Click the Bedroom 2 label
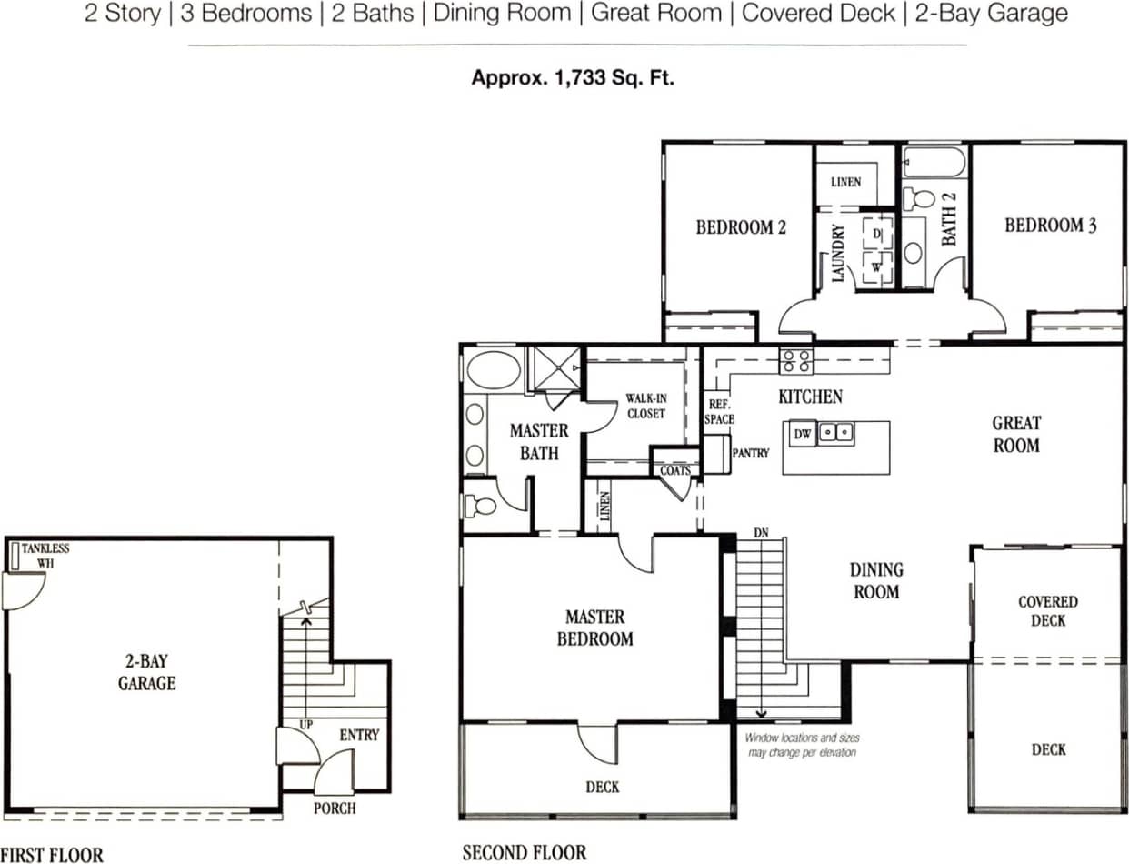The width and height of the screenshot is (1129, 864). pyautogui.click(x=740, y=227)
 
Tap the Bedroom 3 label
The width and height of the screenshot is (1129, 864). pyautogui.click(x=1050, y=226)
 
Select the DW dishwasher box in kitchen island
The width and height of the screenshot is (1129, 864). pyautogui.click(x=802, y=435)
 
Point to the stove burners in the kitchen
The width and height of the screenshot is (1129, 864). pyautogui.click(x=797, y=361)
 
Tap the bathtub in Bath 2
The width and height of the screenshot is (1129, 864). pyautogui.click(x=934, y=164)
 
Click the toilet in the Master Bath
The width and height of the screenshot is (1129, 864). pyautogui.click(x=479, y=505)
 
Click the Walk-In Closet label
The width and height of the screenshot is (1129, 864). pyautogui.click(x=646, y=406)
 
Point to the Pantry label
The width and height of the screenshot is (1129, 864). pyautogui.click(x=751, y=453)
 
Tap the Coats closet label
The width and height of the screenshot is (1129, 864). pyautogui.click(x=674, y=470)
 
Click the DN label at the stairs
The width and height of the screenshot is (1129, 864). pyautogui.click(x=761, y=532)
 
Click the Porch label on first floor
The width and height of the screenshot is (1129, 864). pyautogui.click(x=335, y=808)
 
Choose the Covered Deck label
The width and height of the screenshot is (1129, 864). pyautogui.click(x=1047, y=611)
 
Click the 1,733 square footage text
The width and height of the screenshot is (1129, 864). pyautogui.click(x=573, y=77)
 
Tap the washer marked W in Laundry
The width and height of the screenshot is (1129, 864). pyautogui.click(x=876, y=267)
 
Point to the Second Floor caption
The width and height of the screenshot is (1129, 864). pyautogui.click(x=524, y=852)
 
